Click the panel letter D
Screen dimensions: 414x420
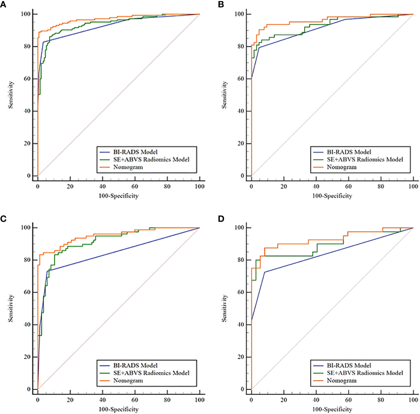pos(221,219)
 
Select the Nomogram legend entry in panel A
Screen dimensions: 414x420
pos(128,167)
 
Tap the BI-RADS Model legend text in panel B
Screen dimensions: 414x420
pos(349,152)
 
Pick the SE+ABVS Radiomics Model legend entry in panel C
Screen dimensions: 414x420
pos(151,373)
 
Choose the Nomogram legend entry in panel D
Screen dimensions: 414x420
pos(341,381)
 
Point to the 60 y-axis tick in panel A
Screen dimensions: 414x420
pos(28,79)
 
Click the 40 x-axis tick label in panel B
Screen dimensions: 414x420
pos(316,186)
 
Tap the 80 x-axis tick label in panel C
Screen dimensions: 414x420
pos(167,400)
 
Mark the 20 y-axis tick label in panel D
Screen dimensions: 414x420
pos(241,357)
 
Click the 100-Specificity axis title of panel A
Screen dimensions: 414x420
pos(118,196)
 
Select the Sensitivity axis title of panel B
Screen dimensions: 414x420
pos(224,95)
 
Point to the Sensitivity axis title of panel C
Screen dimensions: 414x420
pos(11,308)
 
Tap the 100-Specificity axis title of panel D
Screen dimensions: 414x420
pos(332,409)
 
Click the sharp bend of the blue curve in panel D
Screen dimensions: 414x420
pos(264,272)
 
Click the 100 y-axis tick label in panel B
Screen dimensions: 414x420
pos(239,14)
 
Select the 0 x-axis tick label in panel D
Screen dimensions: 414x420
pos(251,400)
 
